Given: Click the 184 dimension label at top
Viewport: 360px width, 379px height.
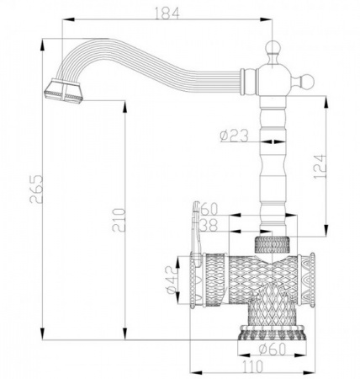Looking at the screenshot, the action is (x=167, y=13).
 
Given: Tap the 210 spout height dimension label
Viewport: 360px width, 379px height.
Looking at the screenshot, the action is (x=119, y=220).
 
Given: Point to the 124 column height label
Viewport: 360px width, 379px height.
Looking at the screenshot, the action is (x=320, y=166).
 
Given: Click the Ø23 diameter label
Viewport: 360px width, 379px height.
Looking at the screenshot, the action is (x=234, y=136).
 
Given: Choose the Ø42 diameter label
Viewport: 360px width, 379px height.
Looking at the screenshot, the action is (x=172, y=280).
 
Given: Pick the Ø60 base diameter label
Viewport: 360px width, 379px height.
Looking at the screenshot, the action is (x=272, y=349).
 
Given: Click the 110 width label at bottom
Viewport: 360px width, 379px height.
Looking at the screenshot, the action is (x=251, y=366).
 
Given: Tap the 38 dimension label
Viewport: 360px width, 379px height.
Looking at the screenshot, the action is (x=209, y=225).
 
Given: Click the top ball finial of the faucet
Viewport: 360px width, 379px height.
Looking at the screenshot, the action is (x=272, y=47).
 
